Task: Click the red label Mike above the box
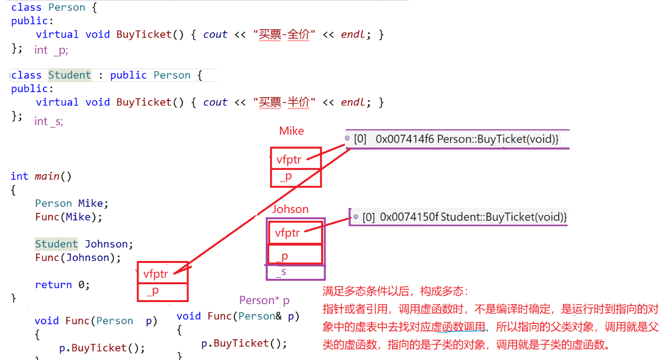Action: coord(291,131)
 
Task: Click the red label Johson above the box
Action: coord(290,209)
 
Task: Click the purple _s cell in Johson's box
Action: coord(295,272)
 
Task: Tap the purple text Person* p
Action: coord(264,301)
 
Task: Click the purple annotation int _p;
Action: coord(51,50)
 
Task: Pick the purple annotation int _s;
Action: coord(48,121)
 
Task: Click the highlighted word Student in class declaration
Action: coord(70,75)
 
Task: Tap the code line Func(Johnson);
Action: coord(78,257)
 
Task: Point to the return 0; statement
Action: coord(62,285)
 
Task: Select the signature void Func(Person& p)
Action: coord(238,316)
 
